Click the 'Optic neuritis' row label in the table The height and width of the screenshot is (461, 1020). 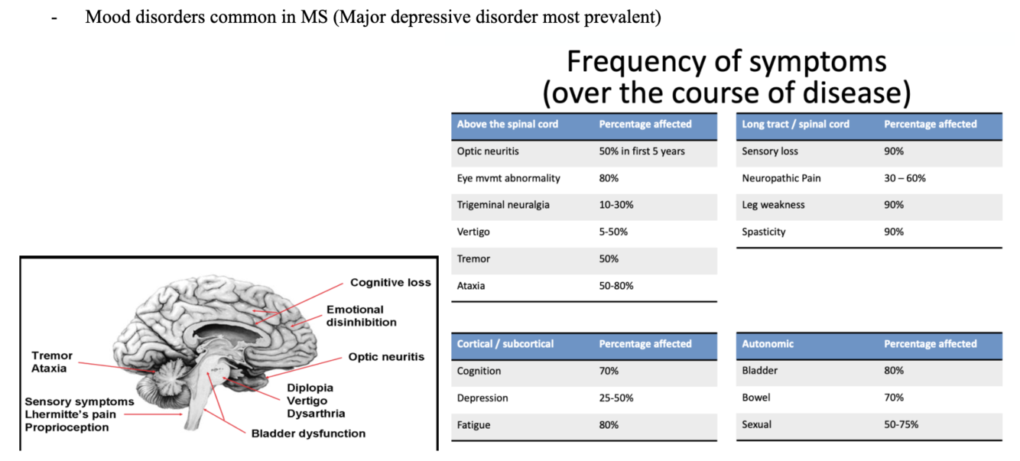pos(488,151)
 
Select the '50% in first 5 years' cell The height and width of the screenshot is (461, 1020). pos(642,151)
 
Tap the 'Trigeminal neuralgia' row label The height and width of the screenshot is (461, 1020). pos(503,205)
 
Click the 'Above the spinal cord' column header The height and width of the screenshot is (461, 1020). pos(508,124)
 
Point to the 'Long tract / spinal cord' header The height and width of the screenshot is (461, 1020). pos(795,124)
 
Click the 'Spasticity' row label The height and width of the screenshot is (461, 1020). pos(763,232)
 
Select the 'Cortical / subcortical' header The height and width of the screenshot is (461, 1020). pos(505,344)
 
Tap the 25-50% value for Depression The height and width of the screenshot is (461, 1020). pos(616,398)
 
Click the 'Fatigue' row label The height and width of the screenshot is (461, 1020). pos(473,425)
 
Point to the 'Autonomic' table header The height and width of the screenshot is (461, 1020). pos(768,344)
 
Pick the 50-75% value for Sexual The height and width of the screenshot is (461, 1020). pos(901,425)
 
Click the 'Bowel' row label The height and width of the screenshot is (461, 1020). pos(755,398)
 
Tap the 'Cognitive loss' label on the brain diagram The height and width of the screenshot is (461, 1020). pos(390,283)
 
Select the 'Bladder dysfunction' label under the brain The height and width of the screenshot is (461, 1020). pos(308,433)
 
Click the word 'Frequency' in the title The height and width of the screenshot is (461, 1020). pos(634,61)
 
